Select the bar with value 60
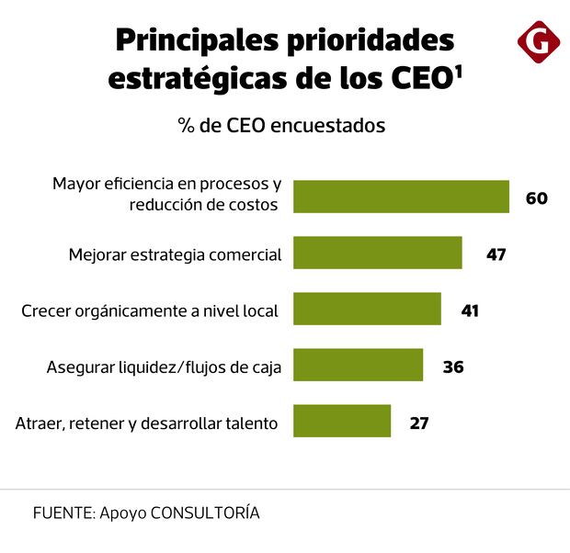click(x=401, y=197)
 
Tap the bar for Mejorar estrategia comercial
click(x=377, y=253)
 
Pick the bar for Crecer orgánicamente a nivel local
click(x=367, y=310)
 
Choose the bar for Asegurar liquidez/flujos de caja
click(x=358, y=366)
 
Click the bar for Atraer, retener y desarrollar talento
click(x=342, y=422)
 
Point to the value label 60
click(x=537, y=197)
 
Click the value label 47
click(x=496, y=254)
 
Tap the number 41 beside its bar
click(x=470, y=310)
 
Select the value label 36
click(x=452, y=367)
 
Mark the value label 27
click(x=418, y=423)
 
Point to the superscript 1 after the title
click(x=457, y=70)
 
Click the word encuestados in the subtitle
click(x=331, y=125)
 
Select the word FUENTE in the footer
click(x=61, y=513)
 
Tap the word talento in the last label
click(x=251, y=423)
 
